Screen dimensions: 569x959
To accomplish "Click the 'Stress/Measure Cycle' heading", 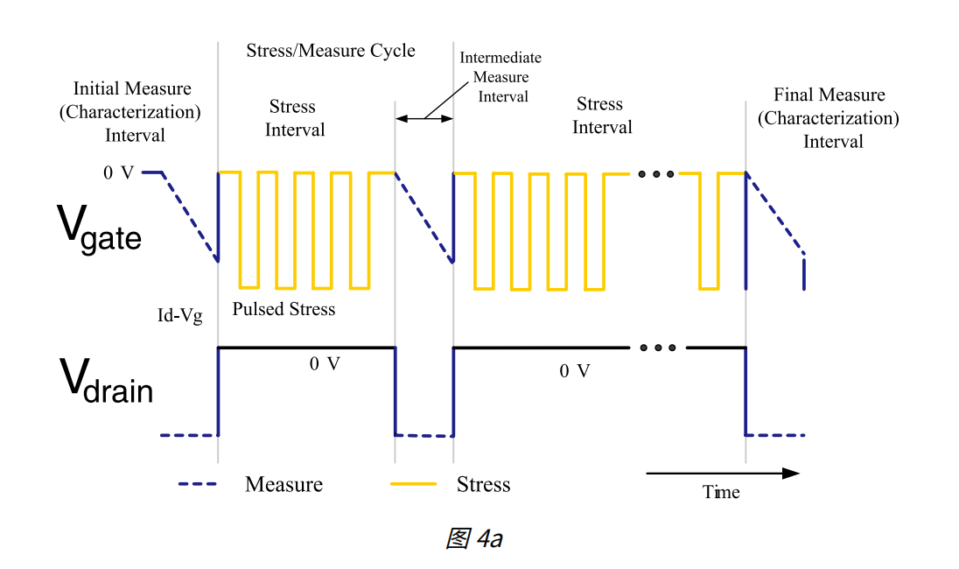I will [331, 50].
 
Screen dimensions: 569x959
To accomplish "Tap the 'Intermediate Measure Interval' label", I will [500, 77].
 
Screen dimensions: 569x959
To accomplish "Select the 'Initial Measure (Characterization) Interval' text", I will [132, 112].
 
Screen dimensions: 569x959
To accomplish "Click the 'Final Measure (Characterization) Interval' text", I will [828, 118].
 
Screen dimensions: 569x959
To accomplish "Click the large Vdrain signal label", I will [106, 381].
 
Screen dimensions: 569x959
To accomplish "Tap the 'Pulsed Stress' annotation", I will [283, 309].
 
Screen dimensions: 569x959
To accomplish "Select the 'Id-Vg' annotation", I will [179, 316].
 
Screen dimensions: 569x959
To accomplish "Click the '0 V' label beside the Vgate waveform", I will [118, 173].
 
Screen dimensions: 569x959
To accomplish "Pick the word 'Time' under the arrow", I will [721, 493].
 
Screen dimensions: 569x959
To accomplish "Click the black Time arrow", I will [723, 474].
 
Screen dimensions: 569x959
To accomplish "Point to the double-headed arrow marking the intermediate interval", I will [423, 117].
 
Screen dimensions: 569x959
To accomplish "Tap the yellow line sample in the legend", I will [413, 484].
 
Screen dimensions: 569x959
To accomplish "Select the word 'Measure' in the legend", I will [283, 484].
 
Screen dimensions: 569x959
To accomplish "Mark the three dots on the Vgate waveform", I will [656, 174].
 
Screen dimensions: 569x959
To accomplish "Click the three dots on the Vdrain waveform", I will [657, 348].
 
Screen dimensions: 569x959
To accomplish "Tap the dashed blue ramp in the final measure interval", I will [774, 214].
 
